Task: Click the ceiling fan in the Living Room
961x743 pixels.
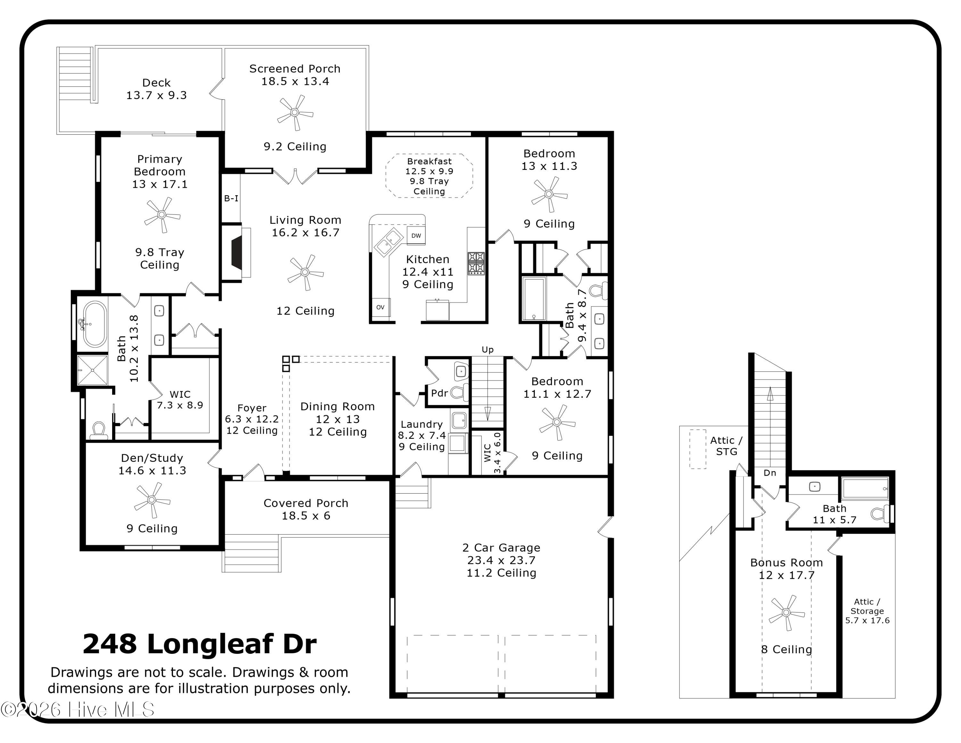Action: [x=305, y=272]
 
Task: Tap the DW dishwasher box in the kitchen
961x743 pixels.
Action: [x=416, y=236]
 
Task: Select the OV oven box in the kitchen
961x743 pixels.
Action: [x=380, y=307]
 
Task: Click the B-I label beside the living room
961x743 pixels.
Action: [x=231, y=198]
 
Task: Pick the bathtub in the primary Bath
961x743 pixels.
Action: [x=94, y=324]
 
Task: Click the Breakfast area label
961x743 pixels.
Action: [x=429, y=162]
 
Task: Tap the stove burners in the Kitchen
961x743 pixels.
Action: [x=476, y=263]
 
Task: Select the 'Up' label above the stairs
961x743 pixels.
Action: [x=488, y=349]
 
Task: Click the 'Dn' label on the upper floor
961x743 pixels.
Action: [x=769, y=473]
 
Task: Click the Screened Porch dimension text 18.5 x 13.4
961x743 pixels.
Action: [x=295, y=81]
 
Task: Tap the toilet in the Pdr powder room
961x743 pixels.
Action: [x=459, y=391]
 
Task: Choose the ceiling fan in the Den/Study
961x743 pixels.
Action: [x=152, y=500]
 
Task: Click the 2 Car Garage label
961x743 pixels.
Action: [x=501, y=547]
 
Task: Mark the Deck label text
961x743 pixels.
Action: [x=156, y=83]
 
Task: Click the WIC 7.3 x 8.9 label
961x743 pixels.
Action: [x=180, y=400]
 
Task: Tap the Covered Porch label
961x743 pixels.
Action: [x=306, y=503]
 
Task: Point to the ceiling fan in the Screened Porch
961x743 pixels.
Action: [x=295, y=113]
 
